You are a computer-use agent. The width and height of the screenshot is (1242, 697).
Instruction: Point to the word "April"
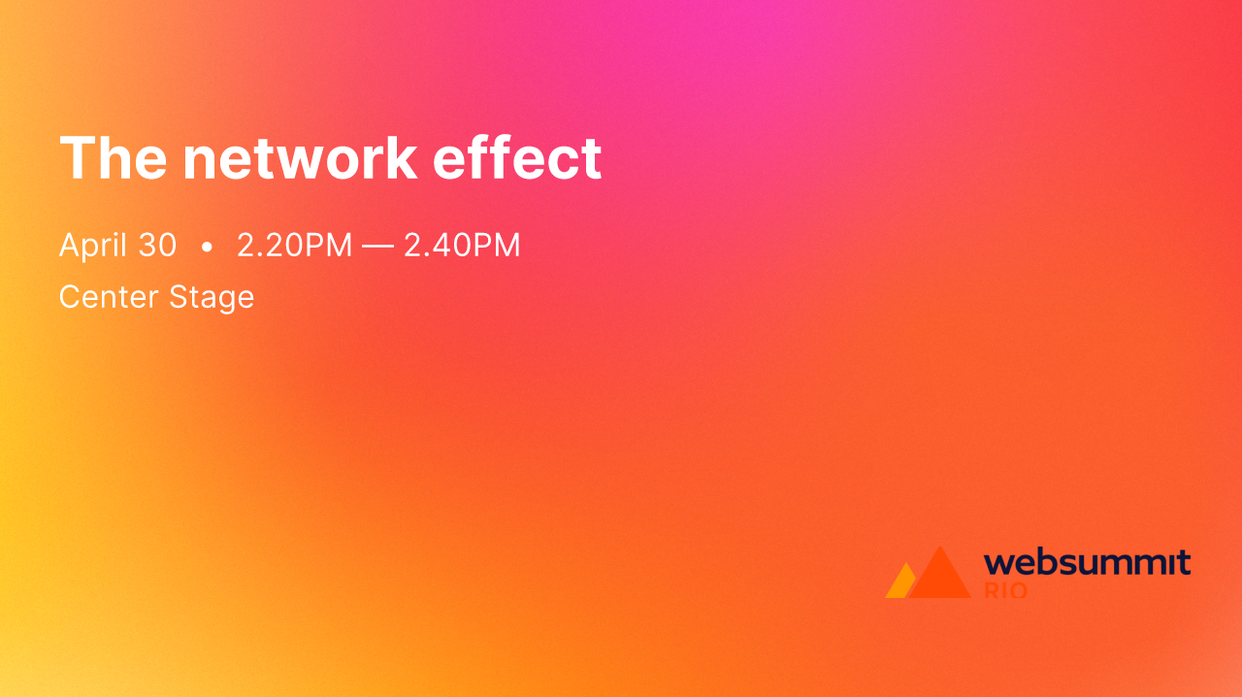[90, 246]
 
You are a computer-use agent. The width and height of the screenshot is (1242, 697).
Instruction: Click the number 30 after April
[157, 245]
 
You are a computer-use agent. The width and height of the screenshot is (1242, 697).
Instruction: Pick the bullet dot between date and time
[207, 247]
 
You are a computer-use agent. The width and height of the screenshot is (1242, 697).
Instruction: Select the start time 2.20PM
[295, 245]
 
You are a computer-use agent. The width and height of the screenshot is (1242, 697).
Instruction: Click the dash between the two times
[377, 246]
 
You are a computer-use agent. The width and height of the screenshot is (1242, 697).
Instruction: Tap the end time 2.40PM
[462, 245]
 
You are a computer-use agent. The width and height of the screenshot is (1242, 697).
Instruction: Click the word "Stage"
[212, 297]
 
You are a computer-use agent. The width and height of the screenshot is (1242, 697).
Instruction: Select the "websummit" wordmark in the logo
[1087, 562]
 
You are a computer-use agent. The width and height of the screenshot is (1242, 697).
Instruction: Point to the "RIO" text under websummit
[1005, 590]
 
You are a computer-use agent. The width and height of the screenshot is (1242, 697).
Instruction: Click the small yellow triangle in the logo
[899, 582]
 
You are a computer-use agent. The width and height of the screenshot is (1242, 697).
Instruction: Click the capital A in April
[68, 245]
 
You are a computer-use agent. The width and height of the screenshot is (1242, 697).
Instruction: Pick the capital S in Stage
[179, 296]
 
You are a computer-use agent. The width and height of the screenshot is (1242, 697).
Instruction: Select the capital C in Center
[70, 296]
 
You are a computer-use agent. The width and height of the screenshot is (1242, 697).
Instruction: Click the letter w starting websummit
[997, 563]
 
